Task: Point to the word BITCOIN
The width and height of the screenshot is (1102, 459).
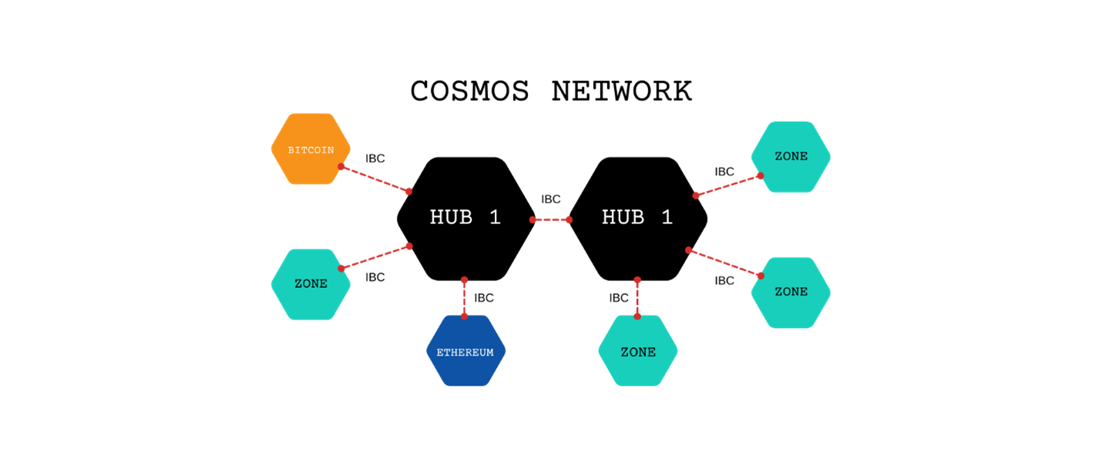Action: (x=311, y=150)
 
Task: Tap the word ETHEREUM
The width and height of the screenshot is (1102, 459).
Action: (x=465, y=353)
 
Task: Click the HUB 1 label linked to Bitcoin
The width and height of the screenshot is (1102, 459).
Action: (x=465, y=218)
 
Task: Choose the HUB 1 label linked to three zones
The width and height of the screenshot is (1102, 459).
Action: (x=637, y=218)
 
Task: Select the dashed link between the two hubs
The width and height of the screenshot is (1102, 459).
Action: (x=551, y=220)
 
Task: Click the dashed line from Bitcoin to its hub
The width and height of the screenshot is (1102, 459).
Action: (x=375, y=179)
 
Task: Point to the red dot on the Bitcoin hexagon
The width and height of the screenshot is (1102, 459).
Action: (x=341, y=166)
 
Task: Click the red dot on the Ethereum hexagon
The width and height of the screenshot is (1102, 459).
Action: (x=464, y=316)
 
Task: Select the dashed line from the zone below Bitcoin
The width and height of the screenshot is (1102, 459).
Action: (x=375, y=257)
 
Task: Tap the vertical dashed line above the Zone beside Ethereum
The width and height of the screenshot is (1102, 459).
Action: (x=637, y=298)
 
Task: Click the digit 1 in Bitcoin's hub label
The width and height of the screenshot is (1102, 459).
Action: (x=496, y=218)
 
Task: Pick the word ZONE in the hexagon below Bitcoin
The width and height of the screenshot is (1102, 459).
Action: (x=311, y=284)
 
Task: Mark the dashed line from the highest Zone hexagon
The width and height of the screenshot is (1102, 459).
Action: (x=728, y=186)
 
